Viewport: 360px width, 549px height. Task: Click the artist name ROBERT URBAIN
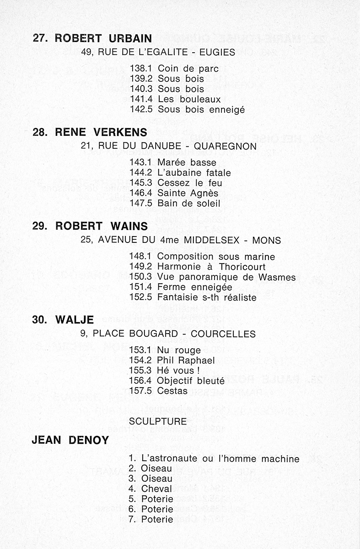[103, 38]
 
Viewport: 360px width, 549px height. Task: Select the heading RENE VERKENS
[101, 133]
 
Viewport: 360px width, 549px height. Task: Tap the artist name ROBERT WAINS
[101, 226]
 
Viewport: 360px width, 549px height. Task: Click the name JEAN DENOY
[70, 441]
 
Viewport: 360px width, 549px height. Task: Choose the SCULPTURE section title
[158, 421]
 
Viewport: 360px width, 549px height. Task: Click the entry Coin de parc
[188, 69]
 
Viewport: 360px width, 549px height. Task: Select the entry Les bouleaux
[189, 99]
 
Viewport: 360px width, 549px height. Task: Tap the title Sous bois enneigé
[201, 109]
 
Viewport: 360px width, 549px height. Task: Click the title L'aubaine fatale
[194, 173]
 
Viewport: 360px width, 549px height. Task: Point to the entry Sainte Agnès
[188, 193]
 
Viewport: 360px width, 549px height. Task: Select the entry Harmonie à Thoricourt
[211, 267]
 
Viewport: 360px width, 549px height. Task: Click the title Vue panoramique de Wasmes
[226, 277]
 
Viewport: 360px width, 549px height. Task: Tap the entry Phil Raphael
[186, 361]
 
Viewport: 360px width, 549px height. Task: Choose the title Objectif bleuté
[190, 380]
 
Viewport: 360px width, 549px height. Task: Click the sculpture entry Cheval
[157, 489]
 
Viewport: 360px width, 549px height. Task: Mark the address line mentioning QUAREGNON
[168, 146]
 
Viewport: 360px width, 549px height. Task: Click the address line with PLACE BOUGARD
[168, 334]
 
